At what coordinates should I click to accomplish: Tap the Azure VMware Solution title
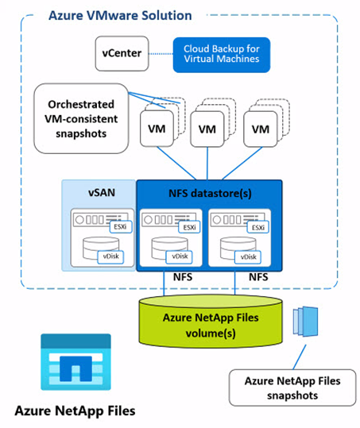(x=120, y=16)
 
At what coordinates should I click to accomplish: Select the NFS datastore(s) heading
(x=210, y=191)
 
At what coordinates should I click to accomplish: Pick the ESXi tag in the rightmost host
(x=257, y=226)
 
